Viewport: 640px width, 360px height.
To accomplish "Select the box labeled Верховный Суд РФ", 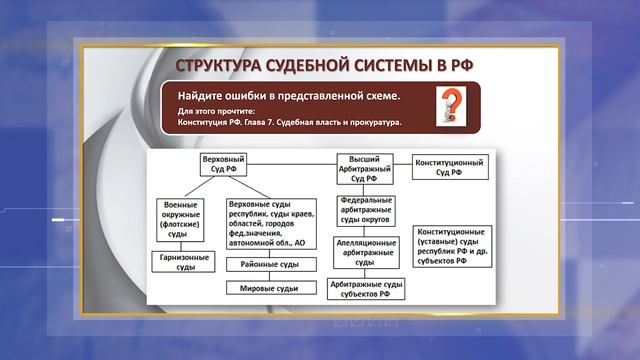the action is (224, 166).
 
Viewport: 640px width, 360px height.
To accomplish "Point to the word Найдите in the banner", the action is (208, 95).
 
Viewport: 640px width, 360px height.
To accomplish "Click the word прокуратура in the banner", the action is (367, 124).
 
